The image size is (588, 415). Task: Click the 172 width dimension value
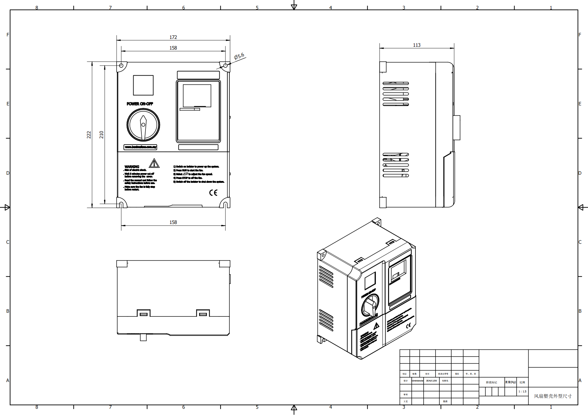pyautogui.click(x=173, y=37)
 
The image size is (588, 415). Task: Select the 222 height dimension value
pyautogui.click(x=89, y=135)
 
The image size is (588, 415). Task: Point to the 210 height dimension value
pyautogui.click(x=102, y=135)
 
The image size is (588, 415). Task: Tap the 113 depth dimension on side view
pyautogui.click(x=417, y=45)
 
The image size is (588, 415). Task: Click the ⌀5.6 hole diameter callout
pyautogui.click(x=239, y=56)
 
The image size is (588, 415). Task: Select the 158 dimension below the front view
pyautogui.click(x=173, y=222)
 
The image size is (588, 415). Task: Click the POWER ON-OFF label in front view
pyautogui.click(x=140, y=104)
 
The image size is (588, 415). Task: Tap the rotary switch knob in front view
pyautogui.click(x=143, y=125)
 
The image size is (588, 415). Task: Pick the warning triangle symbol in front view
pyautogui.click(x=154, y=163)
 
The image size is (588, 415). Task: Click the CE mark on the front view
pyautogui.click(x=213, y=193)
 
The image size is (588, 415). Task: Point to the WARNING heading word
pyautogui.click(x=132, y=167)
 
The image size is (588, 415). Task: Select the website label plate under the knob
pyautogui.click(x=140, y=147)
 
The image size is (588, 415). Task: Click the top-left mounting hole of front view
pyautogui.click(x=121, y=66)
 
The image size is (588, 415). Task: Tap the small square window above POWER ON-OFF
pyautogui.click(x=143, y=85)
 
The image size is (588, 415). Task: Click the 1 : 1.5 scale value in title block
pyautogui.click(x=522, y=391)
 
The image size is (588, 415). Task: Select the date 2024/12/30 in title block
pyautogui.click(x=431, y=381)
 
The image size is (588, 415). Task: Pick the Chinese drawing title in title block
pyautogui.click(x=552, y=396)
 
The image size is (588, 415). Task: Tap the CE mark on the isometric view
pyautogui.click(x=408, y=326)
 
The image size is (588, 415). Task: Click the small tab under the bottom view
pyautogui.click(x=143, y=338)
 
